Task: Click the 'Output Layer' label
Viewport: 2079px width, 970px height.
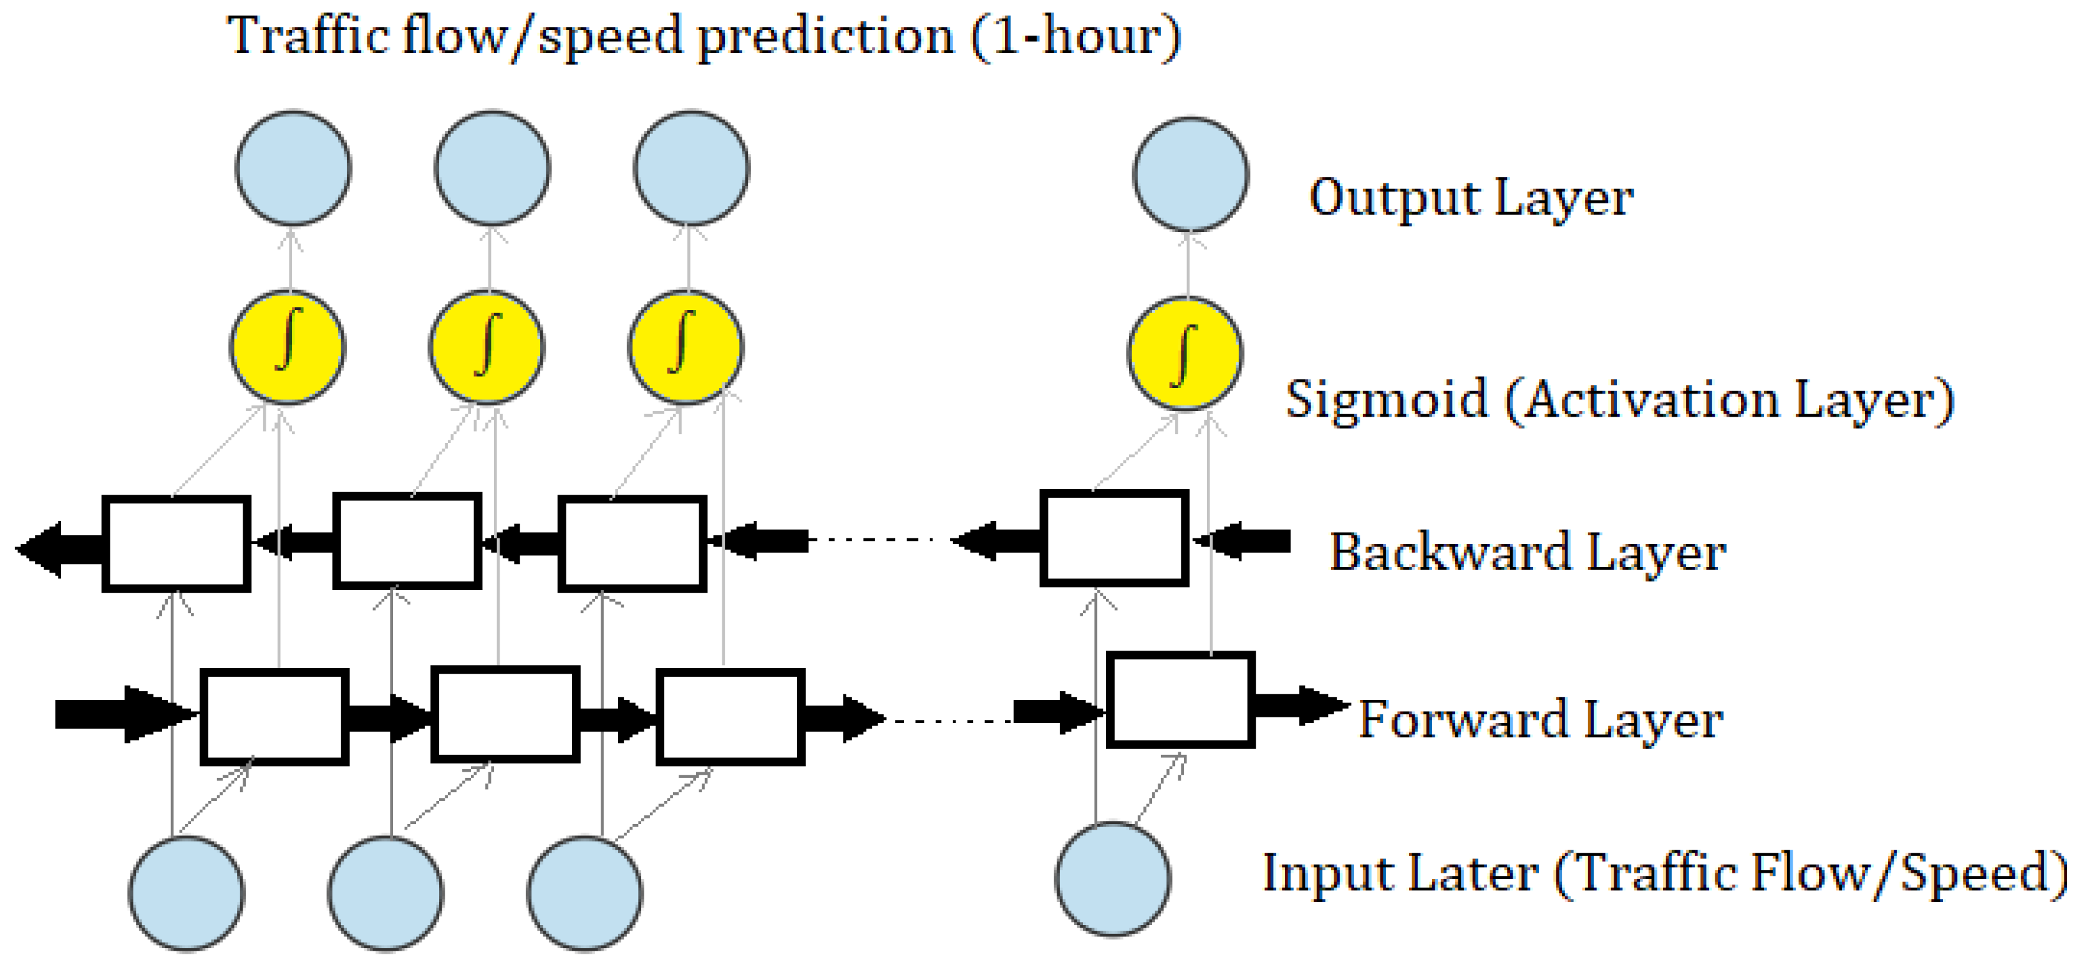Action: click(1470, 198)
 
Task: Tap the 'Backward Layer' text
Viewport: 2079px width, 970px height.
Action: click(1527, 553)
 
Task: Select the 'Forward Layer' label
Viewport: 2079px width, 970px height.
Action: click(1540, 719)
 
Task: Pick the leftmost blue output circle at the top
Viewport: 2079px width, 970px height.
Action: click(293, 168)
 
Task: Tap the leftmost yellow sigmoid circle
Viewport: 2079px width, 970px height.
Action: click(288, 347)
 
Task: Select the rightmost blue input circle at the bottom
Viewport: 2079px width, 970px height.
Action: click(1113, 879)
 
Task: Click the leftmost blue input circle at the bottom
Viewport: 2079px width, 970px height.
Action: click(187, 893)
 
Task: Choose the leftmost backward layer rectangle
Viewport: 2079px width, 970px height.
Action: click(176, 544)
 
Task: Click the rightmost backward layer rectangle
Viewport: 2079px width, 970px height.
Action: click(1114, 538)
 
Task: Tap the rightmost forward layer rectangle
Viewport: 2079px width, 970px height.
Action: click(1180, 701)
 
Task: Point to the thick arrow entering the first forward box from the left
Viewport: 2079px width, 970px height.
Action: click(121, 714)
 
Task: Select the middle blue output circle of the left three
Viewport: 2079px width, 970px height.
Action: click(492, 168)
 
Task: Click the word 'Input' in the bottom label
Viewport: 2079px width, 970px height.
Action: click(1308, 873)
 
